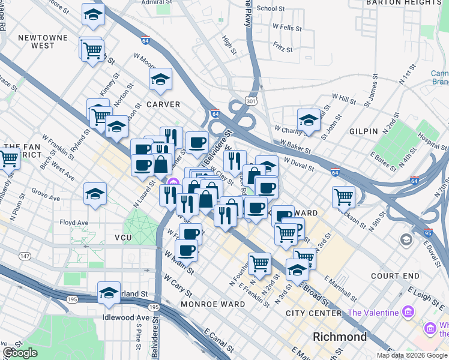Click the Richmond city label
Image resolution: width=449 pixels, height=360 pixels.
tap(340, 337)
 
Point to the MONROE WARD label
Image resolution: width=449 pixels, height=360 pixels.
tap(213, 304)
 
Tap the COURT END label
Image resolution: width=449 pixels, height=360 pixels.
tap(395, 276)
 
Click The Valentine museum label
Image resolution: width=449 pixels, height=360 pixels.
tap(373, 313)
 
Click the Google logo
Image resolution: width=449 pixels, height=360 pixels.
tap(20, 353)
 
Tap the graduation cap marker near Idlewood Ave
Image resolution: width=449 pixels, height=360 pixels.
tap(109, 293)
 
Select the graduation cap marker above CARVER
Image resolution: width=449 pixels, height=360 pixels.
tap(160, 79)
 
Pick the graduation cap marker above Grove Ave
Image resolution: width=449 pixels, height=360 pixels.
tap(95, 194)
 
